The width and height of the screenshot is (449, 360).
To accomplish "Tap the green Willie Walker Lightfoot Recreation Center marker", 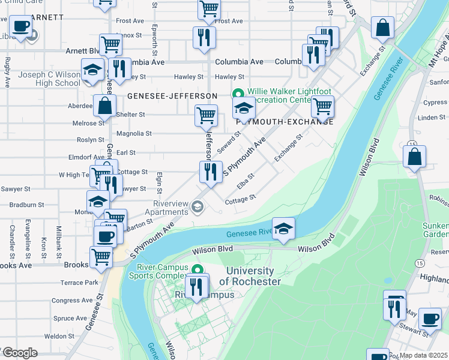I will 238,94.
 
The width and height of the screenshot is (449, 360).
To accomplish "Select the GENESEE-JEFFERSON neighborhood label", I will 172,96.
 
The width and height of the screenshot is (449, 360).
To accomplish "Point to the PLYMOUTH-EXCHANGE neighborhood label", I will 285,121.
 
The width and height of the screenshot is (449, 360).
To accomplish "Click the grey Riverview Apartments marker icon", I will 197,208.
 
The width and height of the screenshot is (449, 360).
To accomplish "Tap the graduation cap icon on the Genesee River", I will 284,228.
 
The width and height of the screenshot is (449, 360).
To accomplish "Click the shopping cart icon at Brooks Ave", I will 101,257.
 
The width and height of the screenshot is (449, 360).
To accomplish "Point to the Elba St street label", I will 246,181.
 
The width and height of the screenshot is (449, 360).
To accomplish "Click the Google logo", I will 19,353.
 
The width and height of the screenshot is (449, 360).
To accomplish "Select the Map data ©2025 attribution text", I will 423,355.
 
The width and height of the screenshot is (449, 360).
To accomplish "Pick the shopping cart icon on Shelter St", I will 206,115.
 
